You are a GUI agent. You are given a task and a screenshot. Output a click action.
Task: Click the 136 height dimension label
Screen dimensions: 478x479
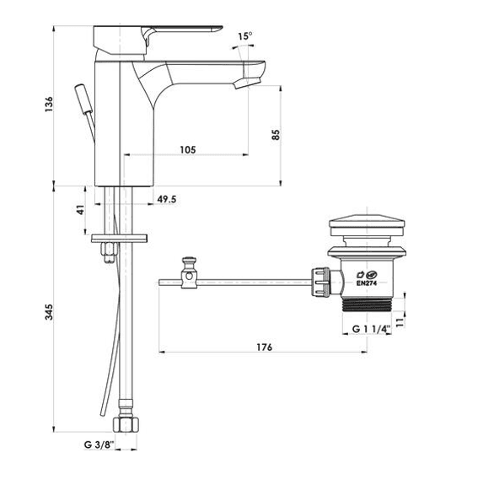[x=49, y=104]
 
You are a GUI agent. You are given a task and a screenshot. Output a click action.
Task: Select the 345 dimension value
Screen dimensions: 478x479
[x=49, y=312]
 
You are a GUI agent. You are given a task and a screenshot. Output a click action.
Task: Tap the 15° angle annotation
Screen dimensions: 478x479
[x=245, y=36]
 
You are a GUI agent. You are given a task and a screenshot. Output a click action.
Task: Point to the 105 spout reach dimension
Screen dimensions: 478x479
[x=187, y=150]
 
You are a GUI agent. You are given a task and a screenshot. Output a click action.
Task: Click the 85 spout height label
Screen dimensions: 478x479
[x=276, y=135]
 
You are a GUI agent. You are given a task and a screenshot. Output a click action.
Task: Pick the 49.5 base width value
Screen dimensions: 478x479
[x=167, y=199]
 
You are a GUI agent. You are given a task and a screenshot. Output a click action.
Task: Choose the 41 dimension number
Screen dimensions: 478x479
[x=80, y=210]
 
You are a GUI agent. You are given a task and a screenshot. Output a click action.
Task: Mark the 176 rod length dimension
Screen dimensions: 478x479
[x=264, y=347]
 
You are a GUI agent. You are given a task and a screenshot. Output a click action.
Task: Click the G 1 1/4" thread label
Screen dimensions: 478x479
[x=372, y=329]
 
